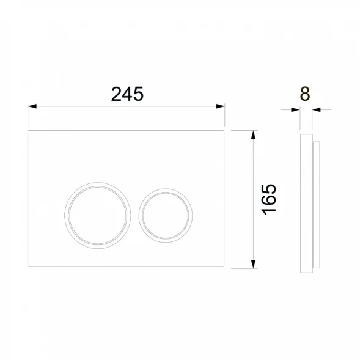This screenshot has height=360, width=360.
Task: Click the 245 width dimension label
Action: (127, 94)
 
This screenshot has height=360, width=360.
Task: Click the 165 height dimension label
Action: (269, 199)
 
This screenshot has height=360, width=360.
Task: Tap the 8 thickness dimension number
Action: (305, 94)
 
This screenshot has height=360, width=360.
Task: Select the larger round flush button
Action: (98, 183)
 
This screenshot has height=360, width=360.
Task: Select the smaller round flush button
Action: (166, 189)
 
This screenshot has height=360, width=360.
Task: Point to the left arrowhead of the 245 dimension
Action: (32, 106)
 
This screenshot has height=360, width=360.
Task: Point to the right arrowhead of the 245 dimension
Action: (221, 106)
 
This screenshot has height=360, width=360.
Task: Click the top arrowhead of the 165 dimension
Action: (253, 135)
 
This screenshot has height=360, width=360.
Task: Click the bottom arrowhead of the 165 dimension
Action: (253, 264)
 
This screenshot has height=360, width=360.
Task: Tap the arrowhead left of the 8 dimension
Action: (295, 110)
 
